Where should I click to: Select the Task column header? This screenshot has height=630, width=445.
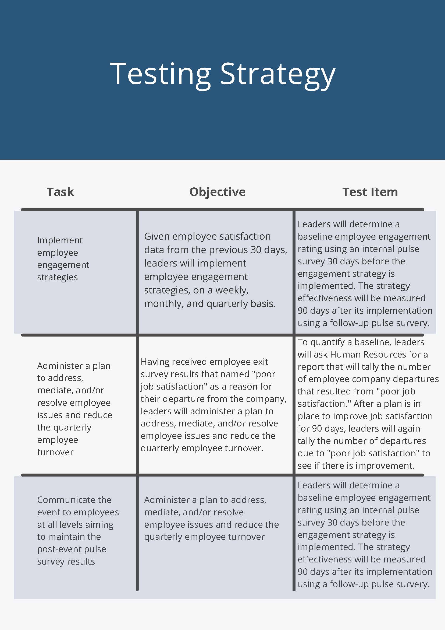60,192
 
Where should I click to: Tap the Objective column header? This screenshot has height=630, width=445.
217,192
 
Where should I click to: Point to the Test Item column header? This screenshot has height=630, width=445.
370,192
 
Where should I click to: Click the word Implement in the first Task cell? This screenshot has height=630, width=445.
60,240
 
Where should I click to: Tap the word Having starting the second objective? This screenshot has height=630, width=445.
155,362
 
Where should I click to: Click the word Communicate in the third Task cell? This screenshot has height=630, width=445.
74,500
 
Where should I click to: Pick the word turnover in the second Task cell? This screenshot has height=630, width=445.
55,452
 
